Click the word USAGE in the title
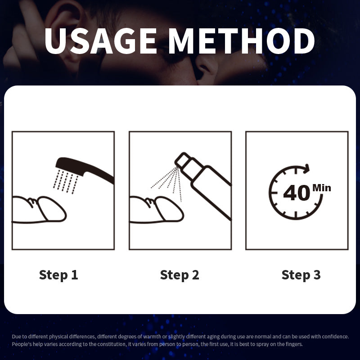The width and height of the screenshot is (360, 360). click(x=100, y=41)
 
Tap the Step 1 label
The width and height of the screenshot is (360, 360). click(x=58, y=275)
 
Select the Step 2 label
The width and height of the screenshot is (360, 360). click(x=180, y=275)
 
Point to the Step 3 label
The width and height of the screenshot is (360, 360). click(x=301, y=275)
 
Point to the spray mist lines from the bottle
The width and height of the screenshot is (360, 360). click(x=167, y=183)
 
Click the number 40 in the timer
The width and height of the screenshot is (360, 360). click(x=297, y=193)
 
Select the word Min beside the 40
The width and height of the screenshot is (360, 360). click(x=322, y=188)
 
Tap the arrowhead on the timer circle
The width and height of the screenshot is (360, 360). click(x=306, y=169)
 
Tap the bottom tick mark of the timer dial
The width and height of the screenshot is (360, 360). click(x=296, y=215)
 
